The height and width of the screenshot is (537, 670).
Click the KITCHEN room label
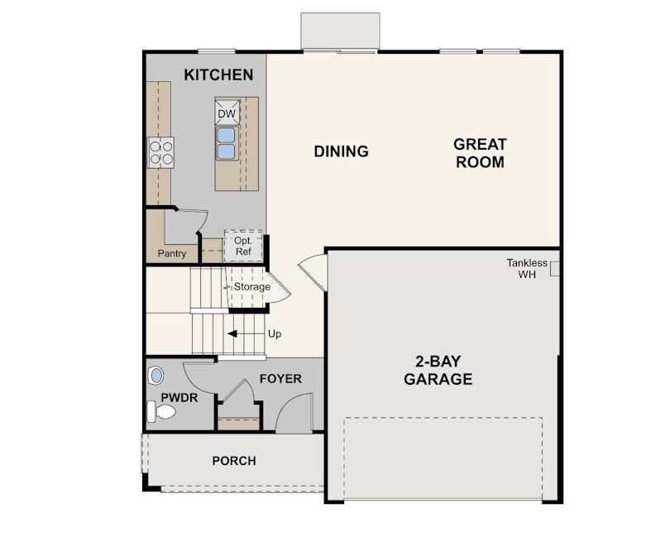218,74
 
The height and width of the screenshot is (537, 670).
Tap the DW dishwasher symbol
227,112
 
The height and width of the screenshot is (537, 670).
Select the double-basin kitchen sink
227,143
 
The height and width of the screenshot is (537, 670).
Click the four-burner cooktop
160,152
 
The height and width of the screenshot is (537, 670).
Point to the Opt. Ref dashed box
243,246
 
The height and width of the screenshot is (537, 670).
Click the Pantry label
172,253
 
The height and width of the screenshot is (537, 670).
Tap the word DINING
341,151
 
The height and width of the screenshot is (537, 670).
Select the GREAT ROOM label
480,153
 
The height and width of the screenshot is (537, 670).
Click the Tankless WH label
527,268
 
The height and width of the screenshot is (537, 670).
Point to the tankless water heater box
554,268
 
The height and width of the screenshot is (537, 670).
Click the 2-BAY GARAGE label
438,370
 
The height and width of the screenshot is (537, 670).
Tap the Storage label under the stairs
251,286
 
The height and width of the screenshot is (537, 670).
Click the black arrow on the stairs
246,333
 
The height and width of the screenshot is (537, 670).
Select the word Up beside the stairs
275,334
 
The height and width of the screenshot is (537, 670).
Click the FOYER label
280,379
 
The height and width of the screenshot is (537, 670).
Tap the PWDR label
179,398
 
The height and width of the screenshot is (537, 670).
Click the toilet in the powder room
161,411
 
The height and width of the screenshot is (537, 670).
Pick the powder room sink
156,376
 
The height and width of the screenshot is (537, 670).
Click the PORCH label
234,461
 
